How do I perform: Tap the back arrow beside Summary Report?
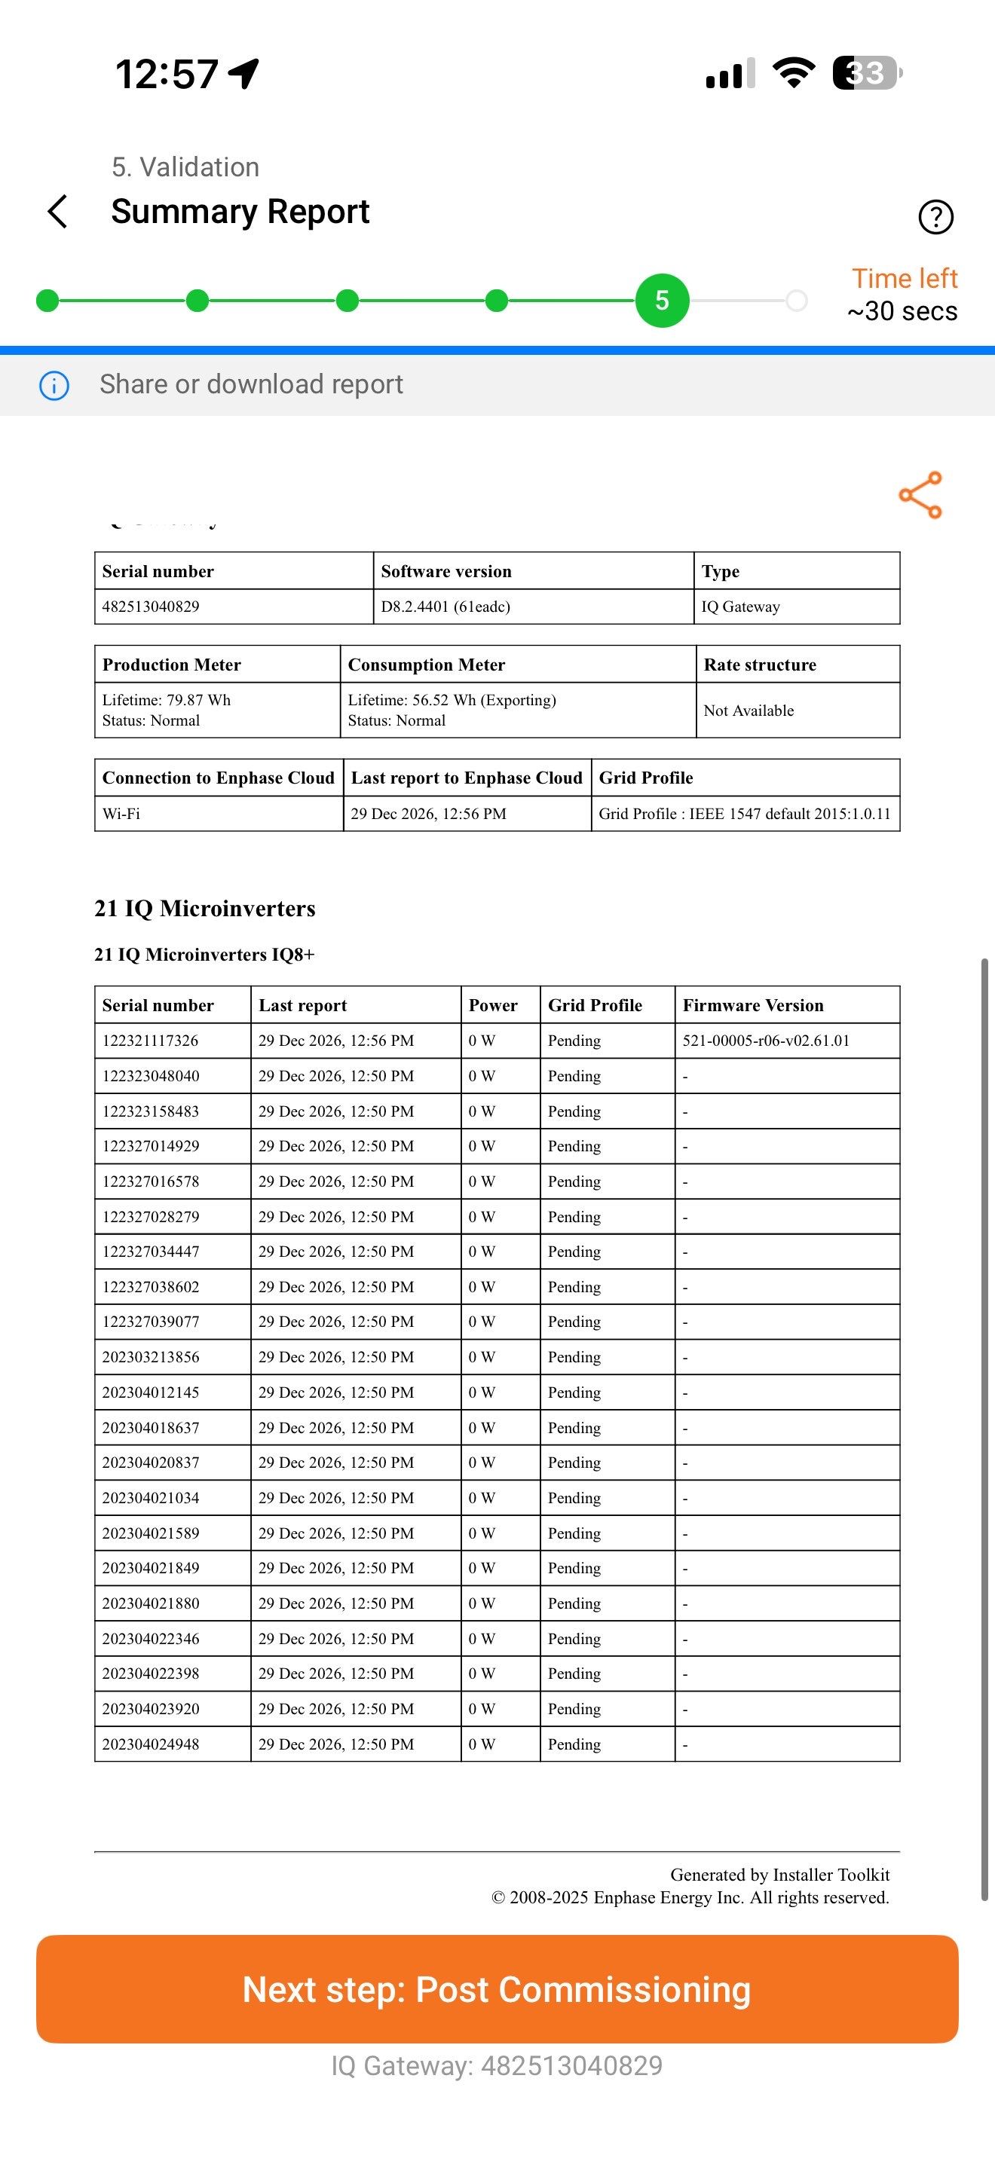tap(57, 212)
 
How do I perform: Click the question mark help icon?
tap(935, 216)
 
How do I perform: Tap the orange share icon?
tap(920, 495)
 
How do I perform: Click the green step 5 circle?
tap(662, 301)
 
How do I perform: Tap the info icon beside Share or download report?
tap(54, 386)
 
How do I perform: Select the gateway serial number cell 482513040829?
tap(151, 607)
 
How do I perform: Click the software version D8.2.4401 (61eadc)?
tap(445, 607)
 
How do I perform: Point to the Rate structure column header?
tap(759, 665)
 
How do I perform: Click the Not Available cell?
tap(749, 711)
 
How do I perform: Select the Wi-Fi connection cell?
tap(121, 814)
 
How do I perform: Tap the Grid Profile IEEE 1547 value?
tap(744, 814)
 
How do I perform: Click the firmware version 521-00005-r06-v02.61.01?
tap(766, 1041)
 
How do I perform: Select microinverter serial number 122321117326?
tap(151, 1041)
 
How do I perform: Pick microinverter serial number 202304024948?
tap(151, 1744)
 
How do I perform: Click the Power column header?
tap(493, 1005)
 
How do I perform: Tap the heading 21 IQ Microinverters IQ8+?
tap(204, 955)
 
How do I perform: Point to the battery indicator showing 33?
tap(866, 73)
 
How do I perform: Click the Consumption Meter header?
tap(426, 665)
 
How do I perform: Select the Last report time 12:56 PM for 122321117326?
tap(336, 1041)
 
